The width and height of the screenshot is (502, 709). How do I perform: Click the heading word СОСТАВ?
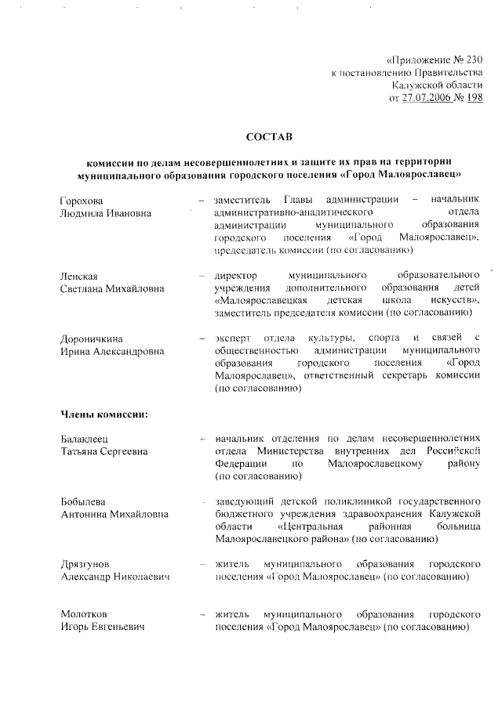268,137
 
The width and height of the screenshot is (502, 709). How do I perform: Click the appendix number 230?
471,60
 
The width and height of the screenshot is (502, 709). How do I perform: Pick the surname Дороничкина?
92,338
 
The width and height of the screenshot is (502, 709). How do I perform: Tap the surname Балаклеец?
87,439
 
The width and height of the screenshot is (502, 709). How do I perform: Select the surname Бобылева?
84,501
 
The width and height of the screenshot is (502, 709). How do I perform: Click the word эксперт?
234,338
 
